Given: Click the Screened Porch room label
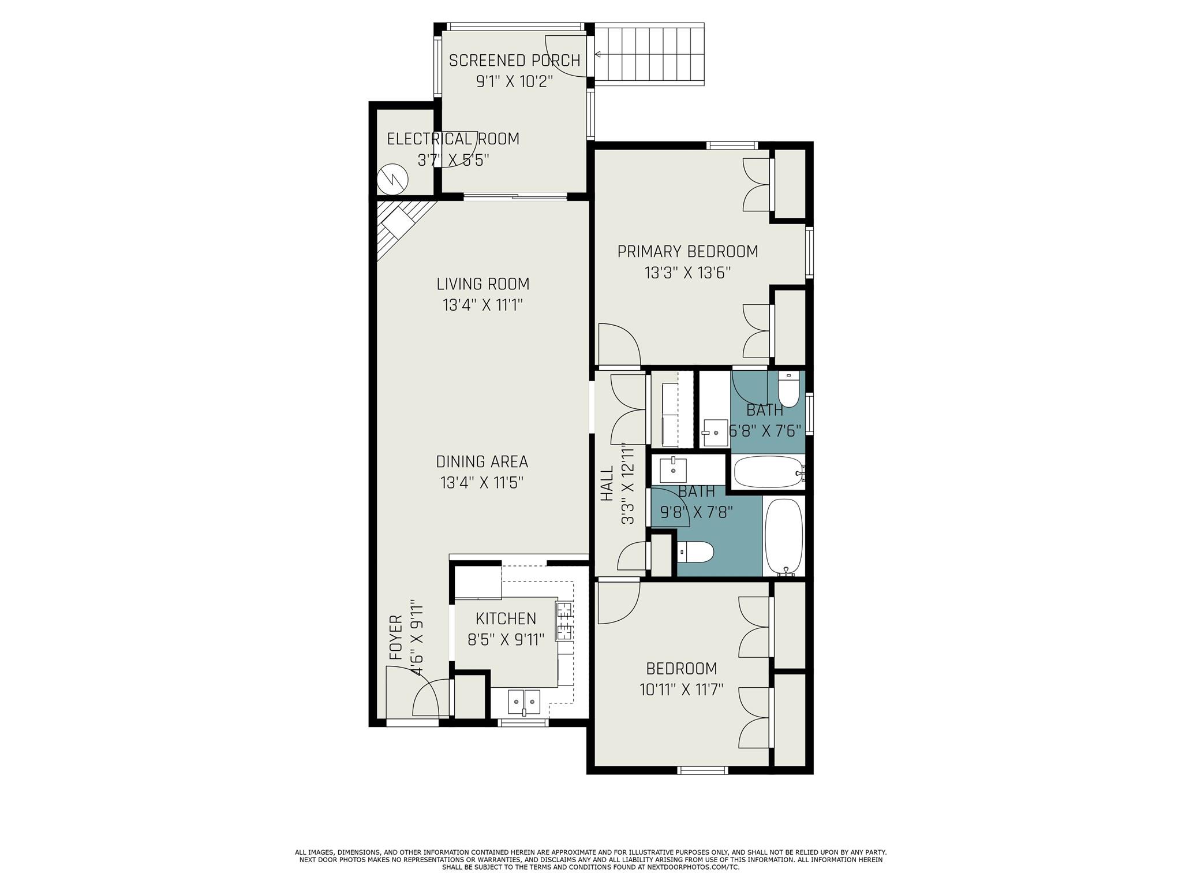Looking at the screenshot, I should tap(514, 61).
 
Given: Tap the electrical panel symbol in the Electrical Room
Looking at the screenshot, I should tap(392, 180).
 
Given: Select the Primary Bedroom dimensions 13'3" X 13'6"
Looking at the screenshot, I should tap(687, 273).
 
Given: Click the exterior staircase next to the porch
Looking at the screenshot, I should tap(649, 54).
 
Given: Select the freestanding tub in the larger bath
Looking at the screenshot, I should tap(783, 536).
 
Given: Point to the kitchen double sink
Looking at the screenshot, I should tap(524, 702).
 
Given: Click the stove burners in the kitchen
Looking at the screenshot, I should tap(564, 621).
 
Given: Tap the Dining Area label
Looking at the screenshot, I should tap(482, 462).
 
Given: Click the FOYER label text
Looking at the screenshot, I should tap(396, 638).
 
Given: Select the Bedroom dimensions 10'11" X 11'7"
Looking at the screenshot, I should tap(681, 690).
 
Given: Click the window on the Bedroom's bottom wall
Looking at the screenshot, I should tap(702, 769).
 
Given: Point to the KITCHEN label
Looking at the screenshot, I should tap(506, 618).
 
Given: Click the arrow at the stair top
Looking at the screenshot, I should tap(599, 55).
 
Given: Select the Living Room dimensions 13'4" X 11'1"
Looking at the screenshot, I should tap(482, 305).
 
